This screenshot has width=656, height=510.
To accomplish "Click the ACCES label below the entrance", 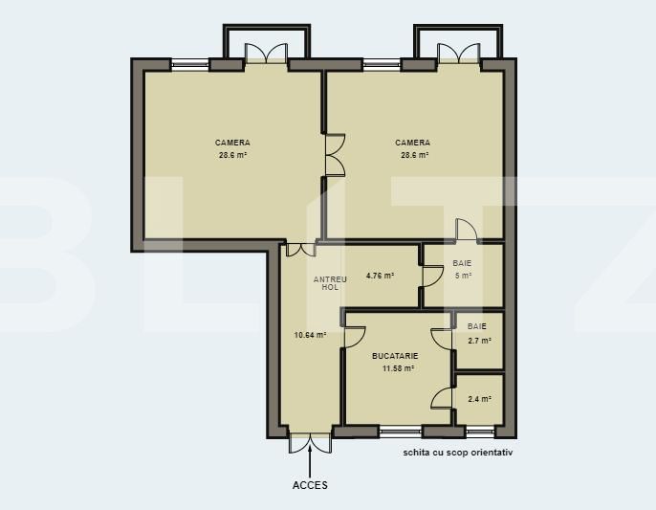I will (x=310, y=485).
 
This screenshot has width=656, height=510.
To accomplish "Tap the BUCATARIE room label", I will (x=395, y=355).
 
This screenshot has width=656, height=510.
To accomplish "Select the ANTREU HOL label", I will (x=330, y=282).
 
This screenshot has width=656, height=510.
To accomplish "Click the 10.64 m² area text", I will (x=310, y=335).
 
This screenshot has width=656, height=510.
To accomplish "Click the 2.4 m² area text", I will (x=479, y=399).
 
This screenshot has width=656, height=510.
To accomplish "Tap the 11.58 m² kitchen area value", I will (x=394, y=367).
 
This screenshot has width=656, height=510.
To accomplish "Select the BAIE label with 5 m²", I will (x=463, y=262).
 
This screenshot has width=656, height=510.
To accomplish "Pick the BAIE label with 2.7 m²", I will (x=477, y=326).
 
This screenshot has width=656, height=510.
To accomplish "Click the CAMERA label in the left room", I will (x=232, y=143).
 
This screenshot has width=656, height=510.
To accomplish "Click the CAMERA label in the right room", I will (x=413, y=143).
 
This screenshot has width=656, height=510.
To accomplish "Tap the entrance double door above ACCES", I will (x=310, y=441).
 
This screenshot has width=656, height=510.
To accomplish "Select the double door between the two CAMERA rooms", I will (x=334, y=155).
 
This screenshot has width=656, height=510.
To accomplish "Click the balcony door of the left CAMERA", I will (x=265, y=54).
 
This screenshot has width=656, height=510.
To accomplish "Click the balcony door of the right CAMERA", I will (x=456, y=54).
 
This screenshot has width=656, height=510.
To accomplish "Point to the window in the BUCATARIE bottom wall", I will (x=401, y=431).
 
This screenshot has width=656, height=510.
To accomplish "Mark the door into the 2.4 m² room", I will (x=442, y=398).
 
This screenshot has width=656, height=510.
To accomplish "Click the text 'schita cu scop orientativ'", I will (x=458, y=454).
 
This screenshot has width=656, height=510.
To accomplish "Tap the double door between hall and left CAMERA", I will (x=300, y=249).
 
